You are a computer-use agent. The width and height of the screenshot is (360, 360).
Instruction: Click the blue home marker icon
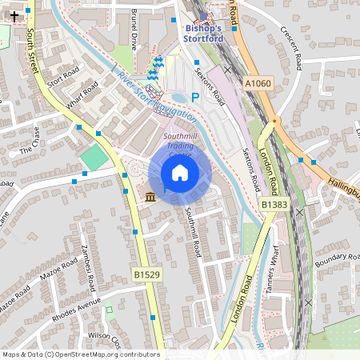pyautogui.click(x=180, y=174)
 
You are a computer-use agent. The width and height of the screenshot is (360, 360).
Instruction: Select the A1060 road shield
pyautogui.click(x=258, y=82)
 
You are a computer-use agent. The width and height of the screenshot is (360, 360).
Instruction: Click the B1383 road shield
pyautogui.click(x=274, y=206)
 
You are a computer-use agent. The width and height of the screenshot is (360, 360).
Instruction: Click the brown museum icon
pyautogui.click(x=150, y=197)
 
